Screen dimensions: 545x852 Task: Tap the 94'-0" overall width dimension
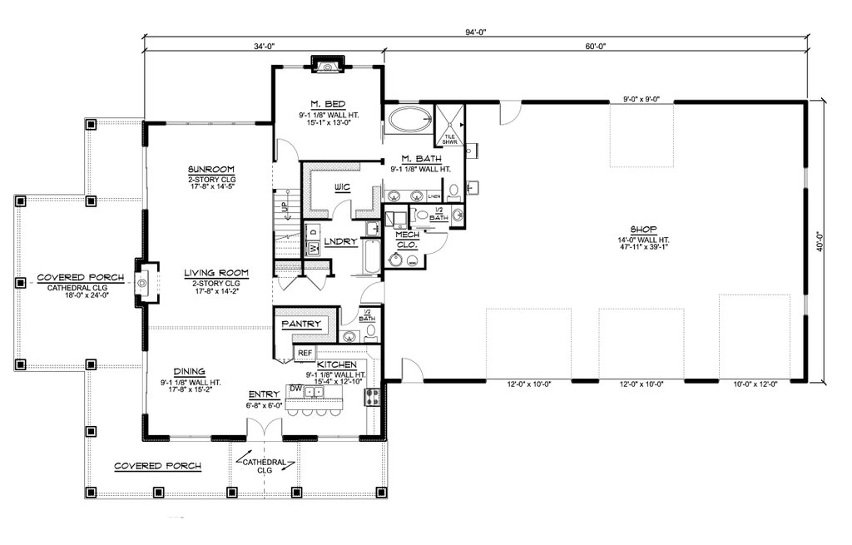pyautogui.click(x=475, y=32)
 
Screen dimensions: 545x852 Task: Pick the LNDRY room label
pyautogui.click(x=340, y=242)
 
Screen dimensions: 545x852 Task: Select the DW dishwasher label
pyautogui.click(x=295, y=388)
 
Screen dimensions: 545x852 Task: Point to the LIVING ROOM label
pyautogui.click(x=205, y=272)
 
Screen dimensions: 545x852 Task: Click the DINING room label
pyautogui.click(x=190, y=372)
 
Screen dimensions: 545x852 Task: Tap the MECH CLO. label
pyautogui.click(x=406, y=240)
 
